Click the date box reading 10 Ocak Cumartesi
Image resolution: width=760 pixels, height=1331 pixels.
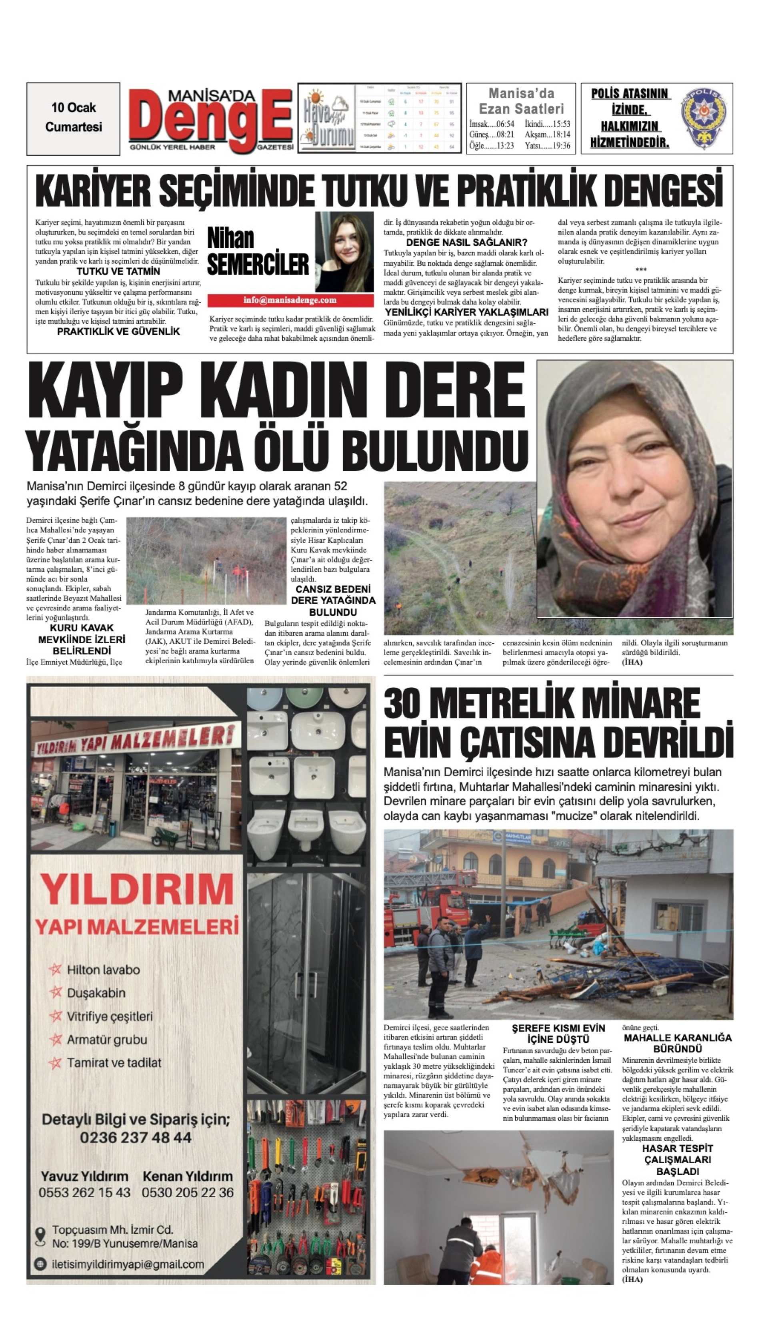73,118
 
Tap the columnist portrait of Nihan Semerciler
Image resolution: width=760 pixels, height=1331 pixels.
344,251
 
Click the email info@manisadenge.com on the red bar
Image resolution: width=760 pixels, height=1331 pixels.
290,300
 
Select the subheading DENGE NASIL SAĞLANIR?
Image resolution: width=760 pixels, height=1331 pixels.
466,242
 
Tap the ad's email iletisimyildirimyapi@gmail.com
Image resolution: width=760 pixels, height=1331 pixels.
128,1275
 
